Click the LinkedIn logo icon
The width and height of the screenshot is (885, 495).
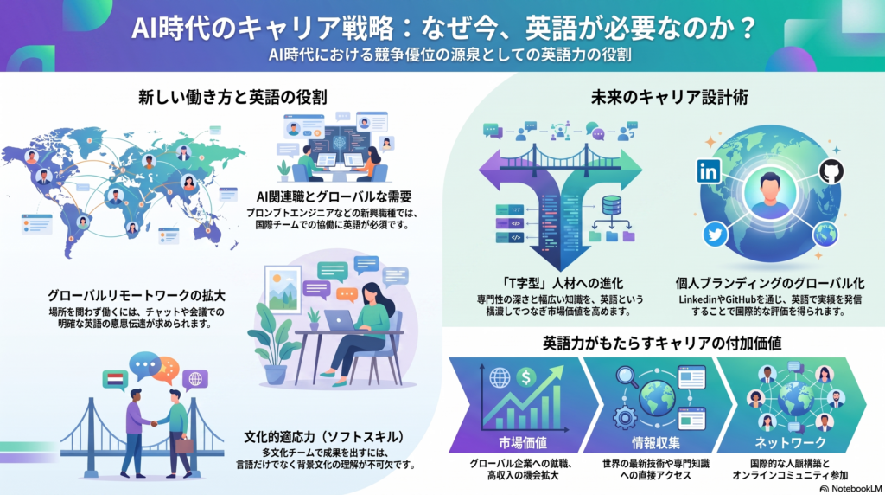click(709, 170)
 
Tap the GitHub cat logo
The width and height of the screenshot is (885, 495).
click(831, 171)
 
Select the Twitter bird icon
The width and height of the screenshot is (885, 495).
click(715, 234)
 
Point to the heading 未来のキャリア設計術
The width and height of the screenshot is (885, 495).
click(670, 97)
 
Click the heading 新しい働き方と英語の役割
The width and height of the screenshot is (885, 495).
click(232, 97)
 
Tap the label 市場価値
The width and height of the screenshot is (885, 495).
click(523, 442)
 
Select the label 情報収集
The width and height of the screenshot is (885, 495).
click(656, 442)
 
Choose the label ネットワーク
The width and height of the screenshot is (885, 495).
click(790, 442)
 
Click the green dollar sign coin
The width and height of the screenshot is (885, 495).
click(526, 376)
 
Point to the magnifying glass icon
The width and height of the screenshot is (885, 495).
click(627, 376)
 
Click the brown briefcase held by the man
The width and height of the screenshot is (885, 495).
click(184, 446)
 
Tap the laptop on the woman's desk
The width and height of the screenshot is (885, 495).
click(340, 321)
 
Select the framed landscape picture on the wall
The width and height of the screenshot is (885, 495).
click(283, 290)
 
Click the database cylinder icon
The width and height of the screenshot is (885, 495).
click(611, 204)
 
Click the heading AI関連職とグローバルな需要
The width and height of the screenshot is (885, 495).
click(334, 196)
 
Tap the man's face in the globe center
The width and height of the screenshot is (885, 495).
click(770, 185)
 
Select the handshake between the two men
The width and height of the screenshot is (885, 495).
click(154, 422)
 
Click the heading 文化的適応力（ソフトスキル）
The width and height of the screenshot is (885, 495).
click(325, 437)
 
